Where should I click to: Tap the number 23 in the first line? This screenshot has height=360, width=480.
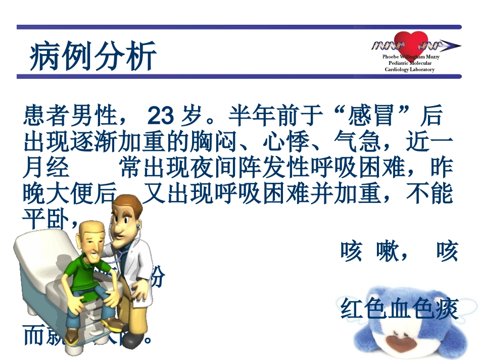click(160, 117)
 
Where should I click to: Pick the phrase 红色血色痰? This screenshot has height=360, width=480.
click(399, 310)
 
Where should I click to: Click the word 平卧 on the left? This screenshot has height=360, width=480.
click(48, 219)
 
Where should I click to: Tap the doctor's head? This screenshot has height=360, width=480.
click(124, 217)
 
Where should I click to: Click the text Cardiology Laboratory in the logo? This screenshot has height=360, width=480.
click(410, 70)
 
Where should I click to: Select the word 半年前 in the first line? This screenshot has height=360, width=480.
click(263, 117)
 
